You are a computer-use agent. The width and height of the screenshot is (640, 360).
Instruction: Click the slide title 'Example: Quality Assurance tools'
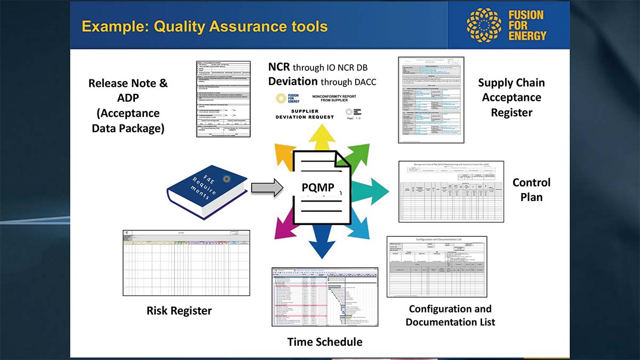(205, 26)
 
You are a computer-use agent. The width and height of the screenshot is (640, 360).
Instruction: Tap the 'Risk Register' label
(179, 310)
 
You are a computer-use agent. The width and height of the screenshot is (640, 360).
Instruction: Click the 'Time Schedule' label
(325, 342)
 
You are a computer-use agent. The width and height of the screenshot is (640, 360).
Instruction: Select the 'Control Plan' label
(531, 189)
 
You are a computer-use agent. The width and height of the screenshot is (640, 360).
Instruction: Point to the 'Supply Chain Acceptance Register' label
(511, 98)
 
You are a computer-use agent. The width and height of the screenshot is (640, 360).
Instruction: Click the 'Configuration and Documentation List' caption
(450, 315)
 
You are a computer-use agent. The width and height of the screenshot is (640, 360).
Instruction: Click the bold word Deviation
(292, 82)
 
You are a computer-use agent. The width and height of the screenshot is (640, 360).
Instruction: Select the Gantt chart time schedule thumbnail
(325, 297)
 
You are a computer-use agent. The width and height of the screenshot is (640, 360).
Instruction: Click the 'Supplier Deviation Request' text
(305, 114)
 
